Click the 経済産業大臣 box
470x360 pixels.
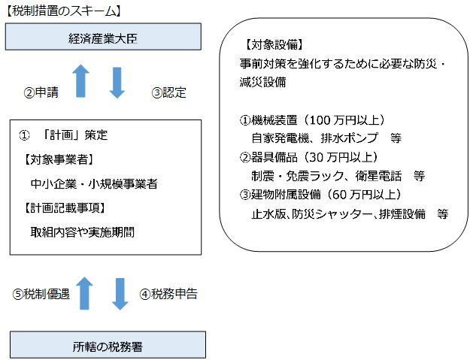(105, 35)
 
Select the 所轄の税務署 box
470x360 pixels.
(108, 346)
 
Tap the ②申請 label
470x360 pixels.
(42, 93)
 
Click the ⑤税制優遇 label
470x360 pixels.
(41, 294)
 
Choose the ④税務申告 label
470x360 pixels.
(170, 294)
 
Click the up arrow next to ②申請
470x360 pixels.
(82, 80)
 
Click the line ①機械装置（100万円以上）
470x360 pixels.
(313, 119)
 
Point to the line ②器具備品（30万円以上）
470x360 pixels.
(308, 157)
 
